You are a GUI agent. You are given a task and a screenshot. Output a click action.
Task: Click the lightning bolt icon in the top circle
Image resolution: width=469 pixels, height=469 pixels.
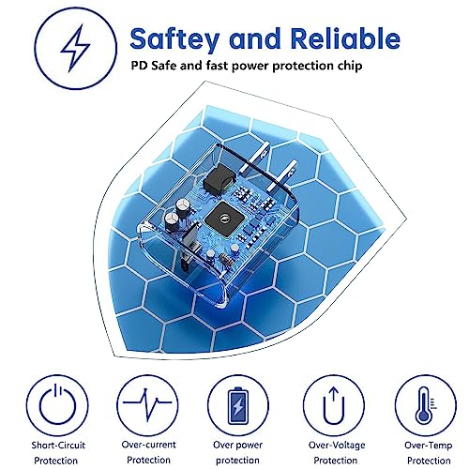tap(75, 49)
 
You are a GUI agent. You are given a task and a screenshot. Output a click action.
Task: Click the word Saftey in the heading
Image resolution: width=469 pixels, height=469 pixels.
tap(174, 39)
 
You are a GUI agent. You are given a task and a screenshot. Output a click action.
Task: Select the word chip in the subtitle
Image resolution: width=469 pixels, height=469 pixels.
tap(350, 66)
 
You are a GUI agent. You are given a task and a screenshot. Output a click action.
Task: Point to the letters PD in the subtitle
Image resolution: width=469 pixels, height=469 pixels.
tap(139, 66)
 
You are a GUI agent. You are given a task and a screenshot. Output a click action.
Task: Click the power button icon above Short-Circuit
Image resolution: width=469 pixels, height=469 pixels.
tap(57, 404)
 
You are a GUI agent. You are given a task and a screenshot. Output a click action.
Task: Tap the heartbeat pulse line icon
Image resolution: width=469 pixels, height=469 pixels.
tap(147, 403)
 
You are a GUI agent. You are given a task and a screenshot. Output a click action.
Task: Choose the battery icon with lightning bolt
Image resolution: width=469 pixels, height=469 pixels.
tap(238, 405)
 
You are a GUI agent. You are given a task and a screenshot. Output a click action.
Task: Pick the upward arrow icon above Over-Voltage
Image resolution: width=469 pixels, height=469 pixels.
tap(334, 405)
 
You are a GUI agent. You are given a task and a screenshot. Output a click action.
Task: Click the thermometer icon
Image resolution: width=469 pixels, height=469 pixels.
tap(426, 405)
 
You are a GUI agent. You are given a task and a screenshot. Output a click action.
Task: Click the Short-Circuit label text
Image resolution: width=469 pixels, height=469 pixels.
tap(58, 445)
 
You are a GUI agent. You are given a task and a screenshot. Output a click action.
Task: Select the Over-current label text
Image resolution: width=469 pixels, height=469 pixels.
tap(148, 445)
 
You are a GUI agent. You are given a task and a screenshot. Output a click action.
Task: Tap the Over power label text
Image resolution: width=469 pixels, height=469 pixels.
tap(237, 445)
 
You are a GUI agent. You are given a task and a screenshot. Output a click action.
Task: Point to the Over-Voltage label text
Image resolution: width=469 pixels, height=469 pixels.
tap(337, 445)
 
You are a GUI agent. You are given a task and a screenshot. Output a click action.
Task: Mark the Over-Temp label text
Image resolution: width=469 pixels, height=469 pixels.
tap(429, 446)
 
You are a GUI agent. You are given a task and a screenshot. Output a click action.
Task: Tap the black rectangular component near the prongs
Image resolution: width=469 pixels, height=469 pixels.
tap(219, 180)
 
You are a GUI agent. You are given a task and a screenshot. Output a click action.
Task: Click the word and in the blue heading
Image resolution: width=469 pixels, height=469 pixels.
tap(255, 38)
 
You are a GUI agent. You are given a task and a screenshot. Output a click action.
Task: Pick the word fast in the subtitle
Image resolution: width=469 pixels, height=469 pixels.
tap(217, 66)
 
